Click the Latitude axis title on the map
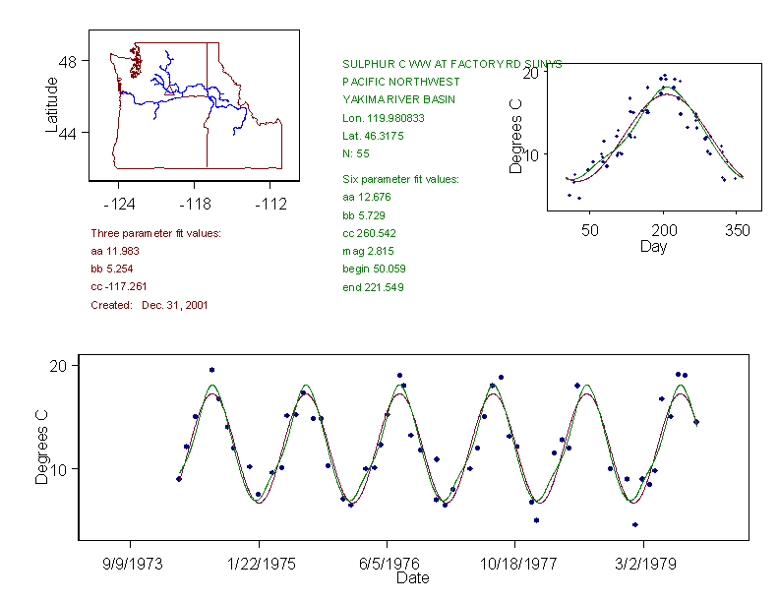[52, 104]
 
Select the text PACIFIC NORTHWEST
[400, 82]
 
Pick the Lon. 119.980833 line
[384, 118]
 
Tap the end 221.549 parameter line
[373, 287]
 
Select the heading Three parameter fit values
[155, 233]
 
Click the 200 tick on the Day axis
[664, 230]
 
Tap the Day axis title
[652, 246]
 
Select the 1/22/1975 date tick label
[260, 565]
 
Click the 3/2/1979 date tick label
[643, 565]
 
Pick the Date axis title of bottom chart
[412, 578]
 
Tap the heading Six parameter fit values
[400, 179]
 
